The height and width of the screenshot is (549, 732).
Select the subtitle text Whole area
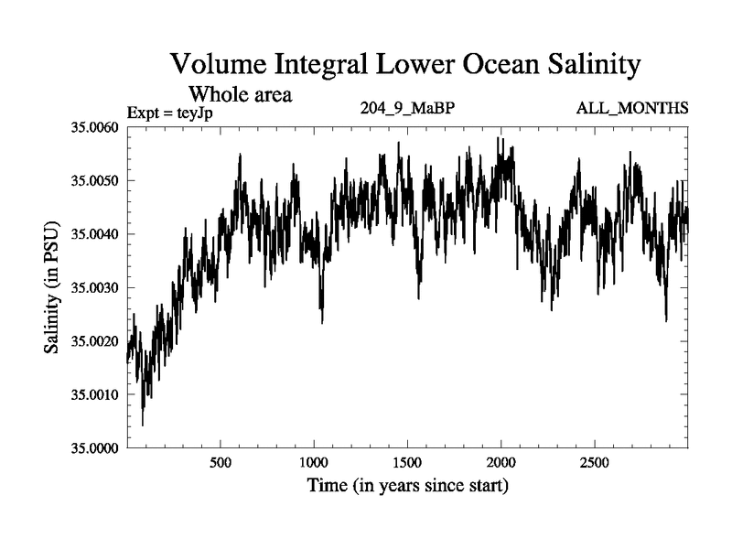tap(240, 93)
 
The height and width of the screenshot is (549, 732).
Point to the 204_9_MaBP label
tap(408, 109)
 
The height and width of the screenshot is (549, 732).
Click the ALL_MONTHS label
tap(632, 109)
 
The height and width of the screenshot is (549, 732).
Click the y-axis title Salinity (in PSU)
tap(52, 287)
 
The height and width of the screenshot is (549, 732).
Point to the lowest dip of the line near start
tap(143, 425)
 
